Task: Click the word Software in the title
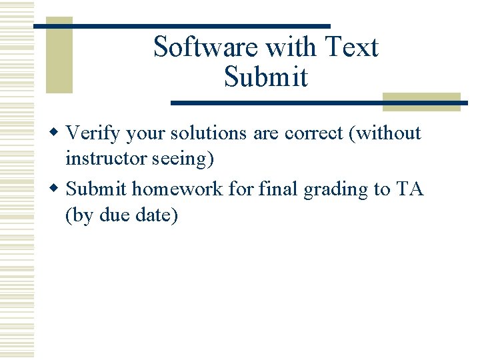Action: click(x=205, y=47)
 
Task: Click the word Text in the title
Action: click(x=352, y=47)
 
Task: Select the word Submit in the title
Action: click(x=266, y=77)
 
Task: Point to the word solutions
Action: click(x=208, y=133)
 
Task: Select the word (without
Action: click(x=388, y=133)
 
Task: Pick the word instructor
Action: click(x=109, y=160)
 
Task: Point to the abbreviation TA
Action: click(x=410, y=189)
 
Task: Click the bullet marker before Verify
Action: click(x=58, y=133)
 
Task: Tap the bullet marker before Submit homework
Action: click(x=58, y=189)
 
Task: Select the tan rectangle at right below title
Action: click(x=421, y=101)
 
